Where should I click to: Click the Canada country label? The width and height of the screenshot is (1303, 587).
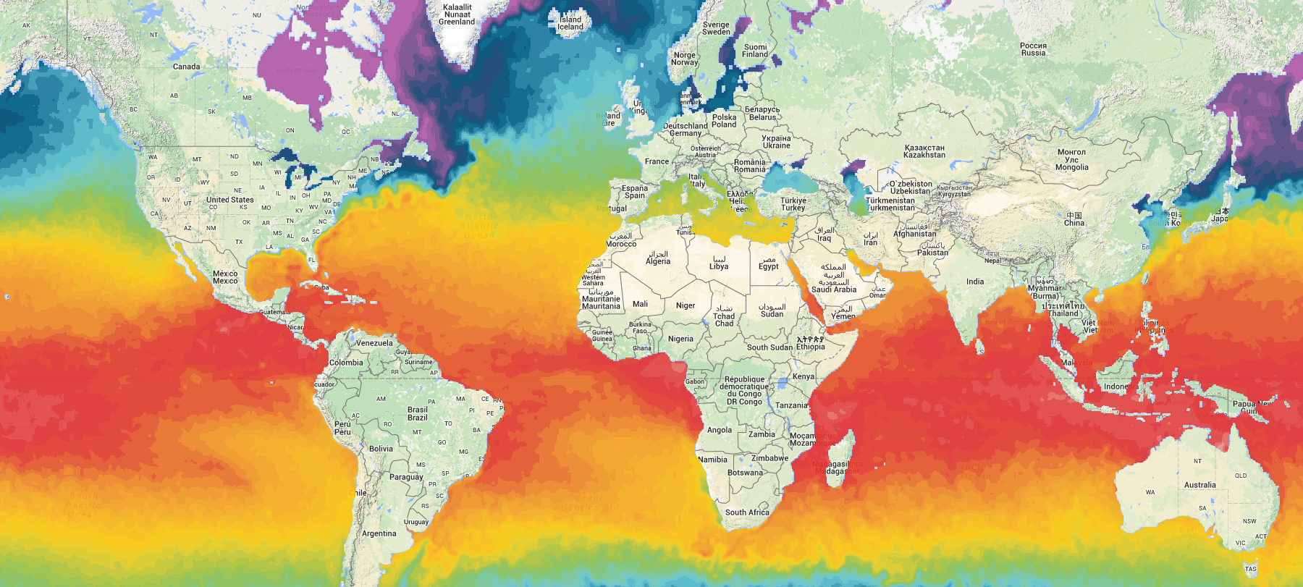(x=186, y=67)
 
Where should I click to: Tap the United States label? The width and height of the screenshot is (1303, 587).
(x=229, y=200)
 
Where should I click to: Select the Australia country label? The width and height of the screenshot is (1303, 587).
(x=1199, y=485)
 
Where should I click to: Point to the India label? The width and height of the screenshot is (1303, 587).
(x=974, y=282)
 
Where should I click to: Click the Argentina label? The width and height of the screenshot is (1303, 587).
(x=379, y=533)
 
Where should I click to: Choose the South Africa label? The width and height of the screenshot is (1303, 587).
(x=747, y=512)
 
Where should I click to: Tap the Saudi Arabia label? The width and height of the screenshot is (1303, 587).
(x=834, y=290)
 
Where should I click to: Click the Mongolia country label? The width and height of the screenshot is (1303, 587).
(x=1071, y=167)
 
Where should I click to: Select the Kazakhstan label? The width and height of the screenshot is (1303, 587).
(x=924, y=155)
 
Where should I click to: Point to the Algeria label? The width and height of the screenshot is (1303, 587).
(x=658, y=261)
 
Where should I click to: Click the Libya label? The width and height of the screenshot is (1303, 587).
(x=719, y=266)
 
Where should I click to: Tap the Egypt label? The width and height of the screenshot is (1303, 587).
(x=769, y=266)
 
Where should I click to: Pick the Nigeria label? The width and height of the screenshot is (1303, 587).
(x=680, y=339)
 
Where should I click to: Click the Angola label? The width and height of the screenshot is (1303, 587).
(x=719, y=430)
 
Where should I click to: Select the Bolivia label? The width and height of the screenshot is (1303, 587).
(x=381, y=449)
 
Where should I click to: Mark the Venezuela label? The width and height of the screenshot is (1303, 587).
(x=374, y=343)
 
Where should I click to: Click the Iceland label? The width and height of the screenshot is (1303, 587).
(x=570, y=27)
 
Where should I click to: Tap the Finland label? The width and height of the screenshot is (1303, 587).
(x=755, y=54)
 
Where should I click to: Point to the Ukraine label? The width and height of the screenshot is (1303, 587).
(x=776, y=145)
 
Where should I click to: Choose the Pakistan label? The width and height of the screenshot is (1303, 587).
(x=932, y=253)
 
